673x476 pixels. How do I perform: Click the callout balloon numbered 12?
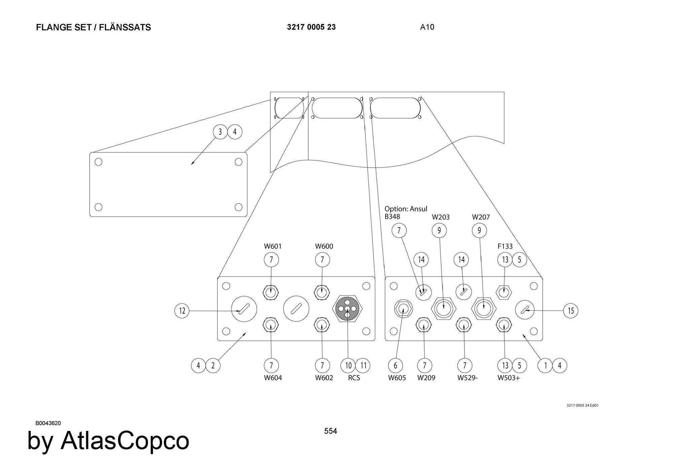[182, 310]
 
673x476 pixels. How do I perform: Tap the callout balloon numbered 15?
[571, 310]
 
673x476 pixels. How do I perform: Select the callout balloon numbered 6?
[395, 365]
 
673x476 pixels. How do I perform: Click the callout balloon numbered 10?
[348, 365]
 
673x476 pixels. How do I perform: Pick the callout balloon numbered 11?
[363, 365]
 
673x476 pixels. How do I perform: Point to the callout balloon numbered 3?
[220, 132]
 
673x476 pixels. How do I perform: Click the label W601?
[273, 246]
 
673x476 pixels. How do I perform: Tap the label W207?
[481, 217]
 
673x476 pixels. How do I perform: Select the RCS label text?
[354, 378]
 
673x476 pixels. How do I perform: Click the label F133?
[505, 246]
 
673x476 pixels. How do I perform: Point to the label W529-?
[467, 378]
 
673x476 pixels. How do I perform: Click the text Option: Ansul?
[406, 209]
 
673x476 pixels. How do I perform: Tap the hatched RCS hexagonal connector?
[347, 308]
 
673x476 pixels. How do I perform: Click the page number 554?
[330, 431]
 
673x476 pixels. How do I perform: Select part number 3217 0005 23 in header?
[311, 27]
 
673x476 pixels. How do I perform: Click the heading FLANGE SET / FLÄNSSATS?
[94, 28]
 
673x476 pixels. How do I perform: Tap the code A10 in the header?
[427, 27]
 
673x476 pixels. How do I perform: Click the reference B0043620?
[48, 423]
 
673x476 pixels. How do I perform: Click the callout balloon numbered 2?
[213, 365]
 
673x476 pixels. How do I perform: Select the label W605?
[397, 378]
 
